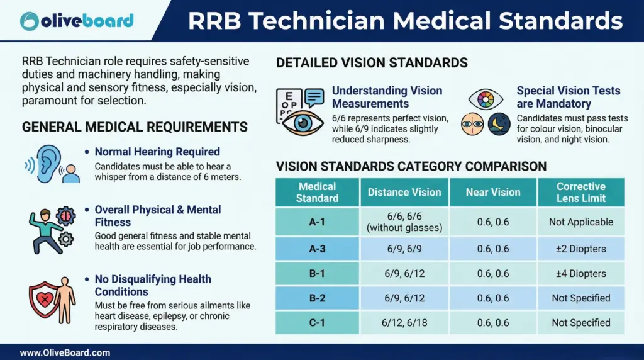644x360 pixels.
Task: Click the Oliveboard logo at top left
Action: [76, 20]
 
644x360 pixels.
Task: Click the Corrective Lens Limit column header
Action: [580, 192]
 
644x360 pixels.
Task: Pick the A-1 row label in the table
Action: [317, 222]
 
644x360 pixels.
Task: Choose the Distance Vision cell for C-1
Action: [404, 322]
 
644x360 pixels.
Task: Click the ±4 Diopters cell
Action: [580, 274]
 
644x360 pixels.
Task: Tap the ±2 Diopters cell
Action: [580, 249]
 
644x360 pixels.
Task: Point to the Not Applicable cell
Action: [580, 222]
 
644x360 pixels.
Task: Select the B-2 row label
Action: [317, 298]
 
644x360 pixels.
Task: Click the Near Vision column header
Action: [492, 192]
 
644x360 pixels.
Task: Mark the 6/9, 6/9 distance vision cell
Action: [404, 249]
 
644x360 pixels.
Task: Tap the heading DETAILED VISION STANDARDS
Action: [372, 62]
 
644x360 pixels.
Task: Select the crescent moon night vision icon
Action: [499, 123]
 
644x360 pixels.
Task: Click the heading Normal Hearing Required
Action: [157, 152]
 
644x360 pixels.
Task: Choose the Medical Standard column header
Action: [317, 192]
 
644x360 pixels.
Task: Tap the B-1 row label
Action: [317, 274]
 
